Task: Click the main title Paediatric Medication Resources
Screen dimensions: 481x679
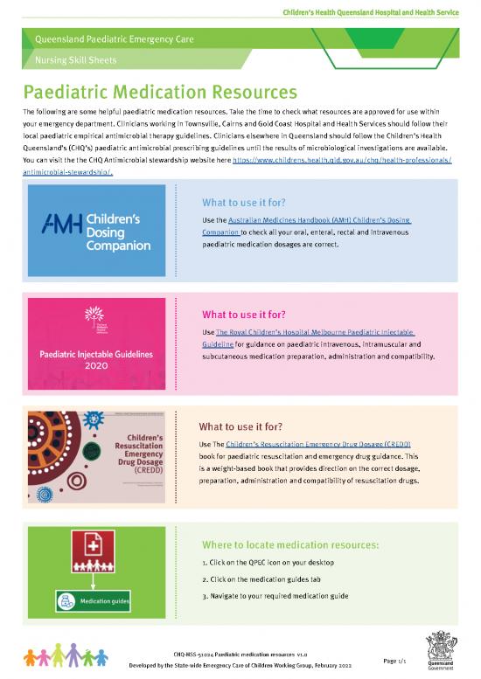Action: tap(160, 92)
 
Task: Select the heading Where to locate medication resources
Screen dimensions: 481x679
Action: tap(290, 544)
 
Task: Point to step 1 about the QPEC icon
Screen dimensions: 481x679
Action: tap(268, 561)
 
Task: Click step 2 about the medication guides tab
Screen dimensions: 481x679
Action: tap(274, 579)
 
